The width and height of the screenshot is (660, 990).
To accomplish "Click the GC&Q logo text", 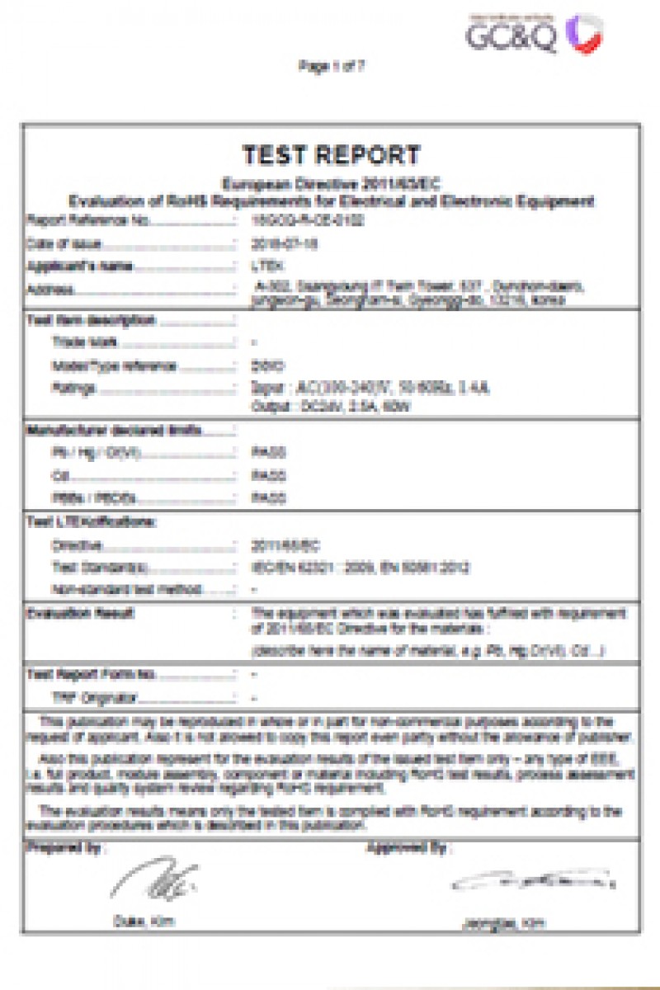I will [x=511, y=35].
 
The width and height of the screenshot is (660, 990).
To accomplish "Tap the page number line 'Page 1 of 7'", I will [x=331, y=68].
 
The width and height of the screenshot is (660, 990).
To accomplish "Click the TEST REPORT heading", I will [x=331, y=155].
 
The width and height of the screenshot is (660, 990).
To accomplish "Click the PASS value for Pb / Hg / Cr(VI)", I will [x=268, y=452].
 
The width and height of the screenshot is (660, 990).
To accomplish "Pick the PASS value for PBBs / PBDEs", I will [x=268, y=498].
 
